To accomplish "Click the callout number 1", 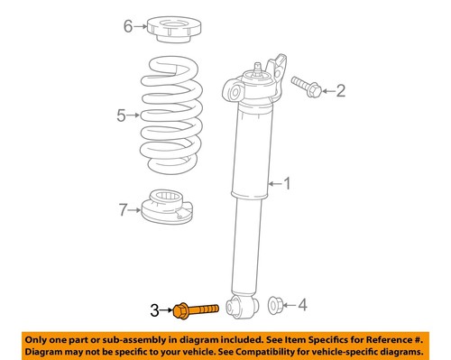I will [288, 185].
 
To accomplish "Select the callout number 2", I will [341, 89].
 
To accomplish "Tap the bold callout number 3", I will [155, 309].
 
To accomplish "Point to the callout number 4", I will [302, 305].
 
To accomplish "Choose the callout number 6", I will [128, 26].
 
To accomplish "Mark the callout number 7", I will [124, 212].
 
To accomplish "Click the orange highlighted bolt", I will [195, 309].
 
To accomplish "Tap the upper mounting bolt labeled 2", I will [307, 87].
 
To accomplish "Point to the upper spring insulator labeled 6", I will [173, 28].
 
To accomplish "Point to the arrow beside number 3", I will [166, 309].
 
